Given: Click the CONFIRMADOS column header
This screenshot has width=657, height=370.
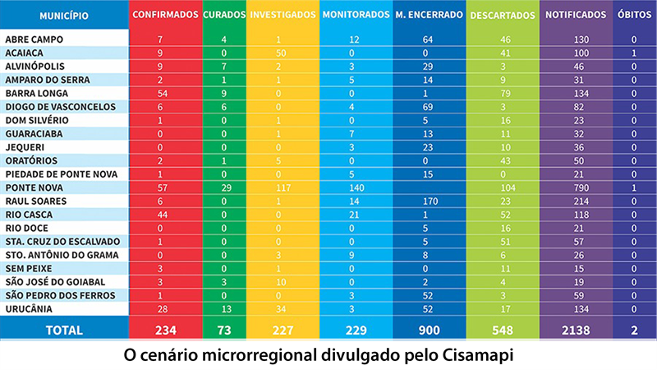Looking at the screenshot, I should [x=164, y=16].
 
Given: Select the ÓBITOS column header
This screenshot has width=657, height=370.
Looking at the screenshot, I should [x=633, y=16].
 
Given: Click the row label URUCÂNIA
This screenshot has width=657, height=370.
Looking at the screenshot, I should [x=27, y=308].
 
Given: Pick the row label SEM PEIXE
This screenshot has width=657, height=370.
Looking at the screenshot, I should [x=26, y=268].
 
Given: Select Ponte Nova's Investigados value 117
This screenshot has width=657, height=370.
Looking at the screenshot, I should [x=279, y=187].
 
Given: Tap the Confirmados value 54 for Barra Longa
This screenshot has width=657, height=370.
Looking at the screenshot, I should [x=162, y=93].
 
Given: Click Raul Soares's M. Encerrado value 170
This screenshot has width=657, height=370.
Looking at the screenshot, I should [x=426, y=201].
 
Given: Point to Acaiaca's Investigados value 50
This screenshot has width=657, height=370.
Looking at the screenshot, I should [x=279, y=53].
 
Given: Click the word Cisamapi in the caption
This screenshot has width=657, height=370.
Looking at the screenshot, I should [x=486, y=356].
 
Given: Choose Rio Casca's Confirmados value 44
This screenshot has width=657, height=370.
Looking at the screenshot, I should [x=162, y=215].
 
